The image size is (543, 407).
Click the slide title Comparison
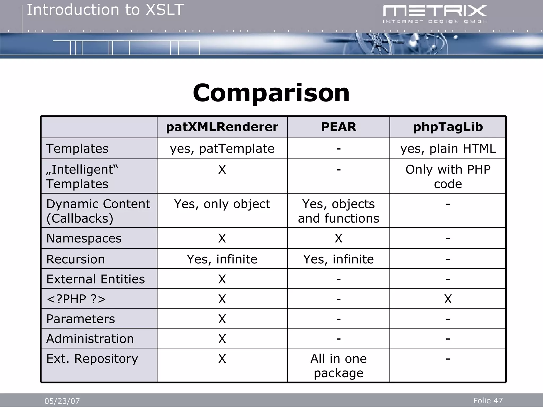click(x=271, y=93)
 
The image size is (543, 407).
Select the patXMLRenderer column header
click(x=222, y=127)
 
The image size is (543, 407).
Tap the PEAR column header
click(x=338, y=127)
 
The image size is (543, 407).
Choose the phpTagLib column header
click(x=448, y=127)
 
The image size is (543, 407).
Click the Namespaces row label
click(x=84, y=238)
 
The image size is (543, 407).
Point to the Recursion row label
click(x=76, y=259)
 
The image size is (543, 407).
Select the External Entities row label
click(x=95, y=279)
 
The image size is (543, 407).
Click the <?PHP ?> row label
click(x=76, y=299)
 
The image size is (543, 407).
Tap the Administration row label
click(x=90, y=339)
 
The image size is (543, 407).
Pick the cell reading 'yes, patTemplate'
click(x=222, y=149)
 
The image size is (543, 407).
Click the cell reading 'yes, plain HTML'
click(x=448, y=149)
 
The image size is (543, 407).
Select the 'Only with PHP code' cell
click(x=448, y=176)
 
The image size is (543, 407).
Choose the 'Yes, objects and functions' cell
click(x=338, y=211)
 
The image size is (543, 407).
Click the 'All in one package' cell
click(x=338, y=366)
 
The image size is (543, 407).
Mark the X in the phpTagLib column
click(x=448, y=299)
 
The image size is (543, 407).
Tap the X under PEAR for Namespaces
click(x=338, y=238)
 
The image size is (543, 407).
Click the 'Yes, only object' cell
click(x=222, y=204)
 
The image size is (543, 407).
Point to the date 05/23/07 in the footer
click(x=62, y=401)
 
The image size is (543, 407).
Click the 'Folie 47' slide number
click(x=488, y=400)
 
